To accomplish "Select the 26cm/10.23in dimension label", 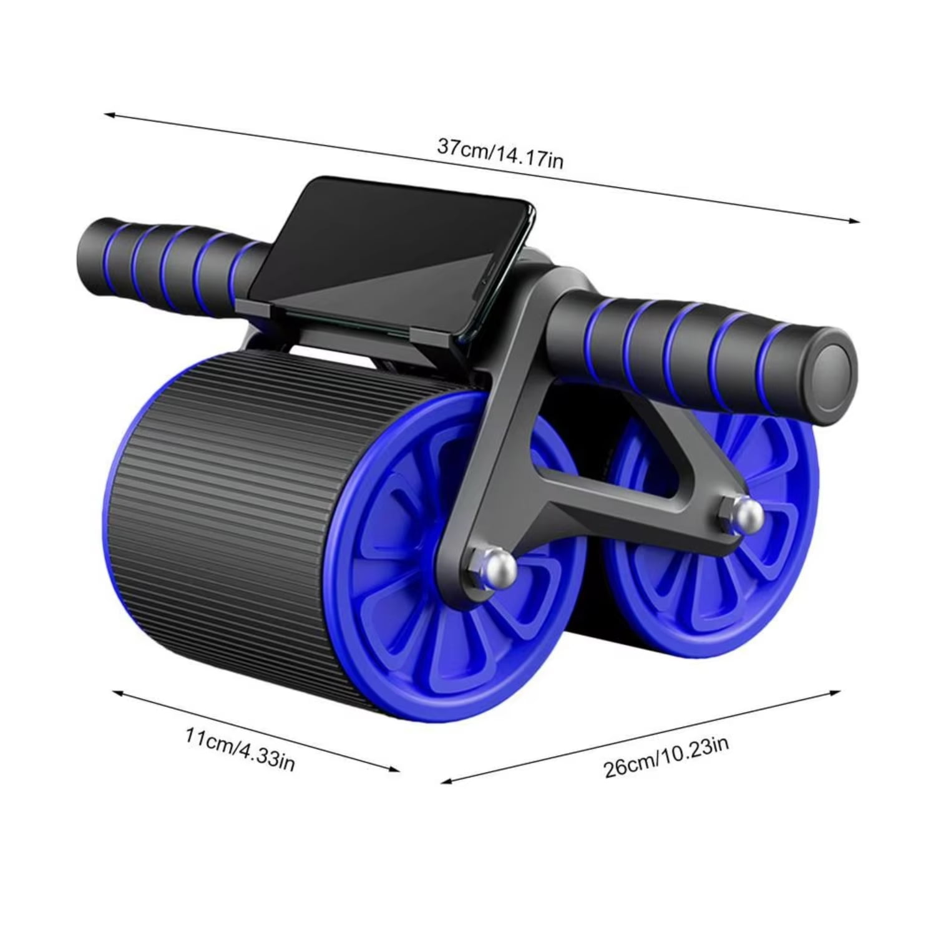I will pos(666,756).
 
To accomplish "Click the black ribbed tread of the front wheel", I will pos(218,499).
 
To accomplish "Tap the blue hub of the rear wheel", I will pos(705,549).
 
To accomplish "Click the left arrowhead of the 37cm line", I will pos(107,114).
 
